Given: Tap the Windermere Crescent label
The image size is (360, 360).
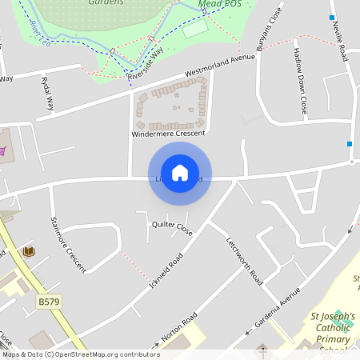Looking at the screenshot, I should point(168,134).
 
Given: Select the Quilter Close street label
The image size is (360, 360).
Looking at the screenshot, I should point(172,228).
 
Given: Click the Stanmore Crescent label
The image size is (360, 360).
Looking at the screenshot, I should point(68,245).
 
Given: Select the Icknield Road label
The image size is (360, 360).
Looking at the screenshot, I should point(166,272).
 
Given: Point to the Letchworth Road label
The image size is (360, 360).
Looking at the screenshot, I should point(244,262).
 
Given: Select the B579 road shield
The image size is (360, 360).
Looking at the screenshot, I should point(49,302).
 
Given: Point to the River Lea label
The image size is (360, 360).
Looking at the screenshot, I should point(40,32).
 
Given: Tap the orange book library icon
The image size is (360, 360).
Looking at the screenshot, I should point(30,252).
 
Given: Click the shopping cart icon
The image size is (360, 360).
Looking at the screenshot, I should point(2,150).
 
